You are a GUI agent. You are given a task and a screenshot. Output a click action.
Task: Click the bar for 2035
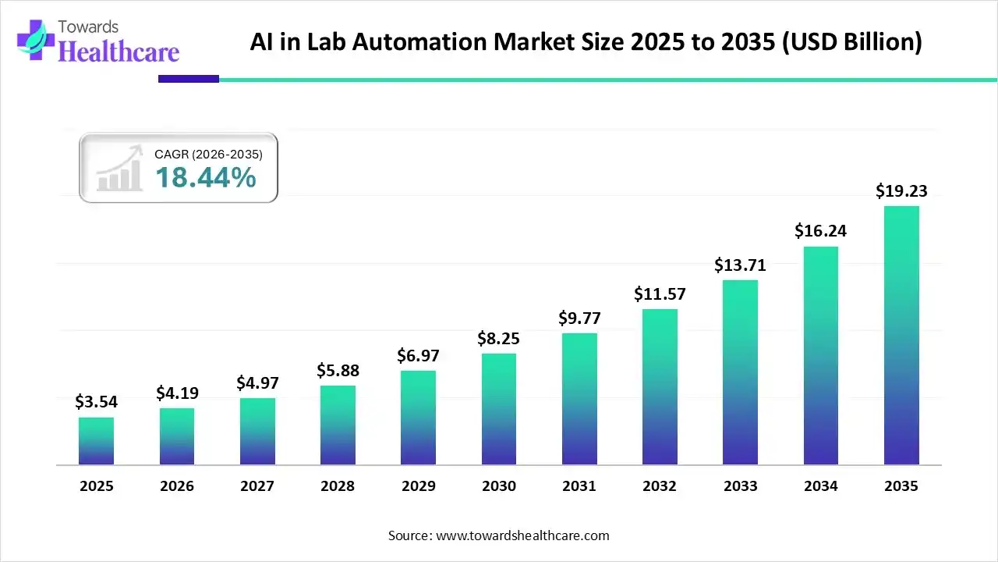pos(901,336)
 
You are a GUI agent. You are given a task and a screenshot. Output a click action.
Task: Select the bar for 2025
pos(96,441)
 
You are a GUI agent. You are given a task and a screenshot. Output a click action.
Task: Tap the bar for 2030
pos(499,409)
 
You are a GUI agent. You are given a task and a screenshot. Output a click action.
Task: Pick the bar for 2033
pos(740,372)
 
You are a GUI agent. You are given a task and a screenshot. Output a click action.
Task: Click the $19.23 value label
pos(901,190)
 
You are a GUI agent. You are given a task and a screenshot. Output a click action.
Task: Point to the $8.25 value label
pos(499,339)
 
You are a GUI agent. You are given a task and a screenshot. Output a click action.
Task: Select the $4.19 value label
pos(177,393)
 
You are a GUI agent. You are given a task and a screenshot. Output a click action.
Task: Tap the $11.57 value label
pos(660,294)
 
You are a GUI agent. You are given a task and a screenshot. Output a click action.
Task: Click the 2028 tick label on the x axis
pos(338,486)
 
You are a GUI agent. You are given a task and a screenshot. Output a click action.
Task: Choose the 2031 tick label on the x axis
pos(579,486)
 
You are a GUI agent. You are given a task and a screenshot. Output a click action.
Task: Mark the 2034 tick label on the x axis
pos(821,486)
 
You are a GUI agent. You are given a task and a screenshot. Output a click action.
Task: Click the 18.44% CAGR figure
pos(205,178)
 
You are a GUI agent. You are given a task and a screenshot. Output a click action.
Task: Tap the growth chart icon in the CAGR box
pos(119,169)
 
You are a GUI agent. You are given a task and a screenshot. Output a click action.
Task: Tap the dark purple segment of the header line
pos(188,79)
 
